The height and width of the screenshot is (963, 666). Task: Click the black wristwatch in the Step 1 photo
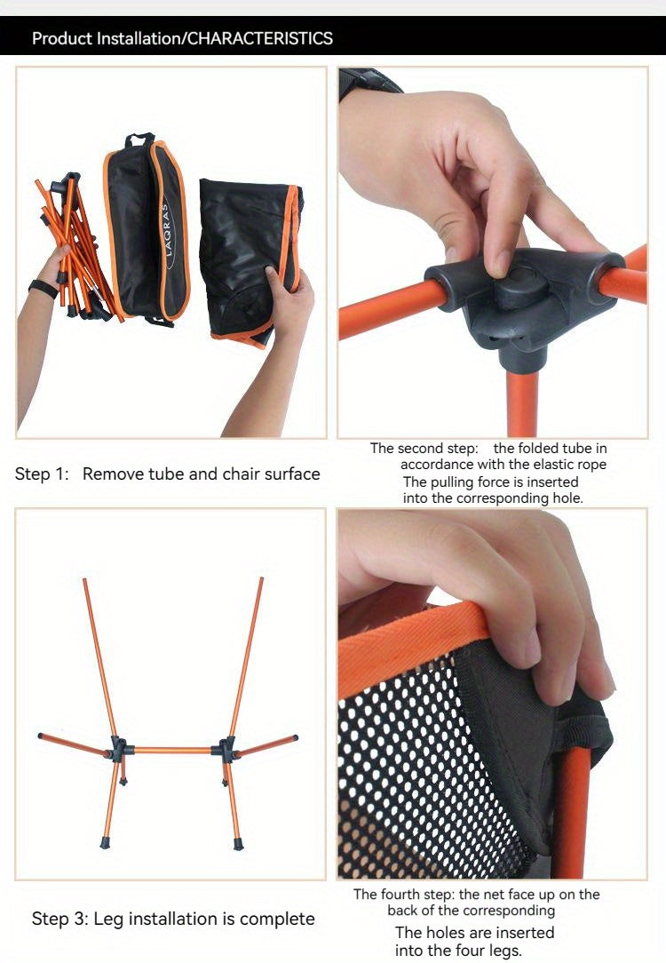tap(43, 288)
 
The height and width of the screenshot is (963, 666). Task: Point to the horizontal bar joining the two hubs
tap(172, 751)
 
